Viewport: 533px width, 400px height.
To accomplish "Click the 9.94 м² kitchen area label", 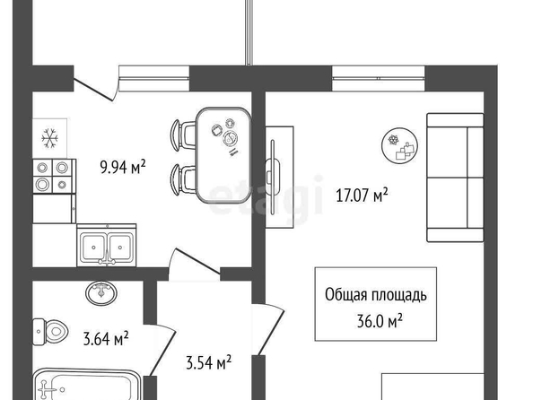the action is (x=123, y=167).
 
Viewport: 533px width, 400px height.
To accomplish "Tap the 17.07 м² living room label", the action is (x=362, y=196).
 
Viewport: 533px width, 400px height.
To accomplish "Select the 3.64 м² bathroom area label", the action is (x=106, y=338).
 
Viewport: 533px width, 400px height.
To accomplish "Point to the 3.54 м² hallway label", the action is (x=209, y=362).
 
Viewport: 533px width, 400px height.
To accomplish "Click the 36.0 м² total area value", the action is (x=380, y=320).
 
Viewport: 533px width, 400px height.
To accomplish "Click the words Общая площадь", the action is (x=376, y=295).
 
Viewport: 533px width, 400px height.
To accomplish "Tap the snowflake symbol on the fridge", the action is (x=50, y=138).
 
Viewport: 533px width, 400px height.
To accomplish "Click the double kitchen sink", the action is (x=107, y=245).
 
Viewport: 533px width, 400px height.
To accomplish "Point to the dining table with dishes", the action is (x=224, y=155).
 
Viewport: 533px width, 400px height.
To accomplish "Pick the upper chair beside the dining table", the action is (x=183, y=135).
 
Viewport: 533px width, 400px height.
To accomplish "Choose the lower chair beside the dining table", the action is (x=183, y=179).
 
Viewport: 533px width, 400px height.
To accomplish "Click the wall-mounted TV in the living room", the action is (x=273, y=177).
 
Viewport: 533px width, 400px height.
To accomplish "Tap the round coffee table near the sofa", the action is (x=400, y=146).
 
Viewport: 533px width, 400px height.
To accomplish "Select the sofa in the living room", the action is (x=455, y=178).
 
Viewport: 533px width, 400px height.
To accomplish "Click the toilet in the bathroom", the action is (x=50, y=331).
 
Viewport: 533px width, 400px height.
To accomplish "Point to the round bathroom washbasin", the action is (x=101, y=292).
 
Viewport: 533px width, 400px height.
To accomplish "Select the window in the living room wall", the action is (x=379, y=79).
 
